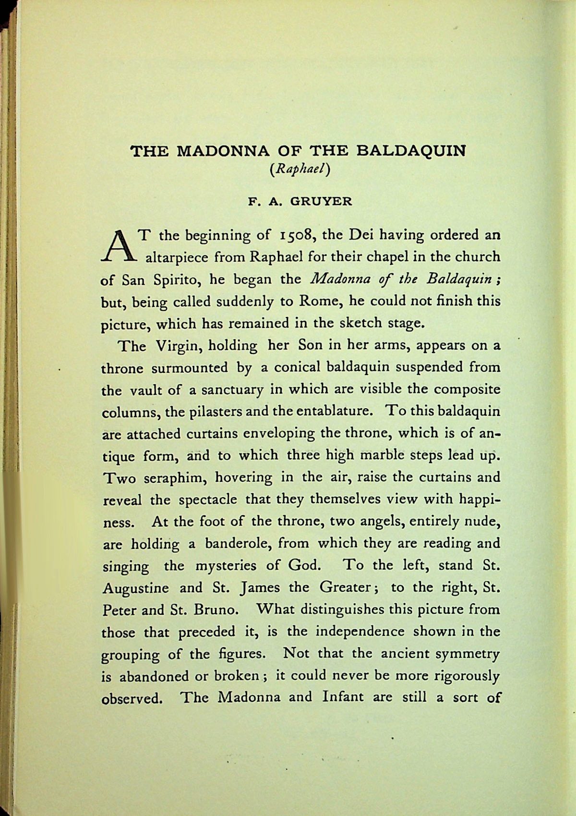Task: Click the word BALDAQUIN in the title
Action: click(x=411, y=151)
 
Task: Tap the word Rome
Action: click(x=312, y=302)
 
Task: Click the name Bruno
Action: click(x=213, y=610)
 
